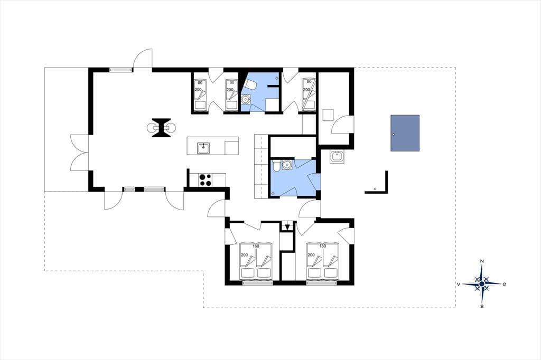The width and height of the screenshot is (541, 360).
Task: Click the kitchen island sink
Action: pos(203,148)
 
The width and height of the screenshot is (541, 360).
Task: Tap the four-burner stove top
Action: pos(206,180)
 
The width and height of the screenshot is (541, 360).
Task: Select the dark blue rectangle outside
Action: pos(405,133)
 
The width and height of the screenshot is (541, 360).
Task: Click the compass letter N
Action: pos(482,261)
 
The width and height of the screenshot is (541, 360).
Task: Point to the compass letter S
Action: pos(482,306)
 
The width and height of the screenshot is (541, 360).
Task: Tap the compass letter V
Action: pos(459,284)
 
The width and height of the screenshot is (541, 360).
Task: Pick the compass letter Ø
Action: pos(505,284)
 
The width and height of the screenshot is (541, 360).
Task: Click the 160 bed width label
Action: pos(256,246)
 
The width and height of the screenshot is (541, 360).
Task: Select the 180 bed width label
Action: pos(323,246)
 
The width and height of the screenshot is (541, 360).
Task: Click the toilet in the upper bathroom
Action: pos(249,84)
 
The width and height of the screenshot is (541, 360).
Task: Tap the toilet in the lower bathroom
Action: pos(276,166)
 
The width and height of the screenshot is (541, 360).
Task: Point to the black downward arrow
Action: pos(287,226)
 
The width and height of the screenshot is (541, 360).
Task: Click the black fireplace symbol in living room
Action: pos(161,128)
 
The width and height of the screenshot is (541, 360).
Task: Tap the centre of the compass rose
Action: pos(482,284)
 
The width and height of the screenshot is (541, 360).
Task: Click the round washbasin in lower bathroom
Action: pos(286,165)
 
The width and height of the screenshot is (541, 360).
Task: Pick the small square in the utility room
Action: pos(328,115)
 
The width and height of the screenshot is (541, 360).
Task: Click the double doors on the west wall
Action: pos(79,153)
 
